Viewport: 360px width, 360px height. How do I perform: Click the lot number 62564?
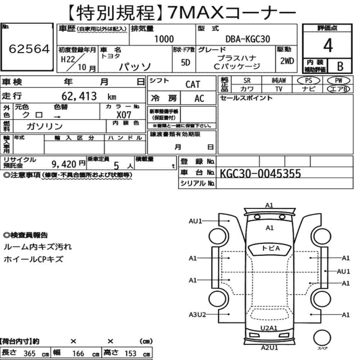click(x=29, y=49)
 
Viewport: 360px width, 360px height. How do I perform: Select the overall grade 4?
click(x=328, y=45)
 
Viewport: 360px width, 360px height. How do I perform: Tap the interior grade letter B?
click(x=340, y=66)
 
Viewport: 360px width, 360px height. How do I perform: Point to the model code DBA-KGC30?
click(x=248, y=39)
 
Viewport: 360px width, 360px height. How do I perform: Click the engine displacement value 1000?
click(x=164, y=39)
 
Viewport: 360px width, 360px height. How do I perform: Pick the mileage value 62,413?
click(x=79, y=96)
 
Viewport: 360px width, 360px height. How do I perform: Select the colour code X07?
click(x=124, y=114)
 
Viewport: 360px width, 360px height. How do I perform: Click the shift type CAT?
click(x=193, y=85)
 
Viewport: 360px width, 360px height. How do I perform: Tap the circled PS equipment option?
click(x=309, y=81)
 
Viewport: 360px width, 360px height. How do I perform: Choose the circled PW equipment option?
click(x=338, y=81)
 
